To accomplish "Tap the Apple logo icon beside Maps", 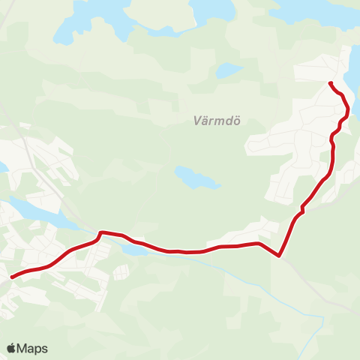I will [x=12, y=348].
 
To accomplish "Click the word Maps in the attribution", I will [x=33, y=348].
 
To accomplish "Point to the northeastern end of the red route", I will [x=330, y=82].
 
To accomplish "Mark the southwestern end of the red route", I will [x=11, y=277].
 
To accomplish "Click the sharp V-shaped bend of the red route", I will [x=279, y=256].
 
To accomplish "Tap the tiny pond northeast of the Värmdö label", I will [x=229, y=70].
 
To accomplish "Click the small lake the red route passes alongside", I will [x=135, y=248].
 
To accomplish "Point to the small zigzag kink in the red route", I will [x=302, y=208].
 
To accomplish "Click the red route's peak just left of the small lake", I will [x=100, y=232].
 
